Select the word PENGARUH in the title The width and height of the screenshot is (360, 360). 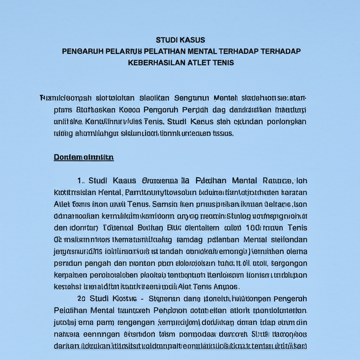(83, 51)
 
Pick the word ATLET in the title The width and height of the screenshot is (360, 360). (199, 63)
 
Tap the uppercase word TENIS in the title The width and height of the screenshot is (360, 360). (224, 63)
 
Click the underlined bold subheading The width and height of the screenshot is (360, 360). (84, 157)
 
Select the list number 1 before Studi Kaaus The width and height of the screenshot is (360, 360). (81, 181)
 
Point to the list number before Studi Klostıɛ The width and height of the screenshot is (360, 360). (81, 298)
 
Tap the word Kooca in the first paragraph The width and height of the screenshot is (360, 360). (129, 110)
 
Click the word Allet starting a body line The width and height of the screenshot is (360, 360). (62, 204)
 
